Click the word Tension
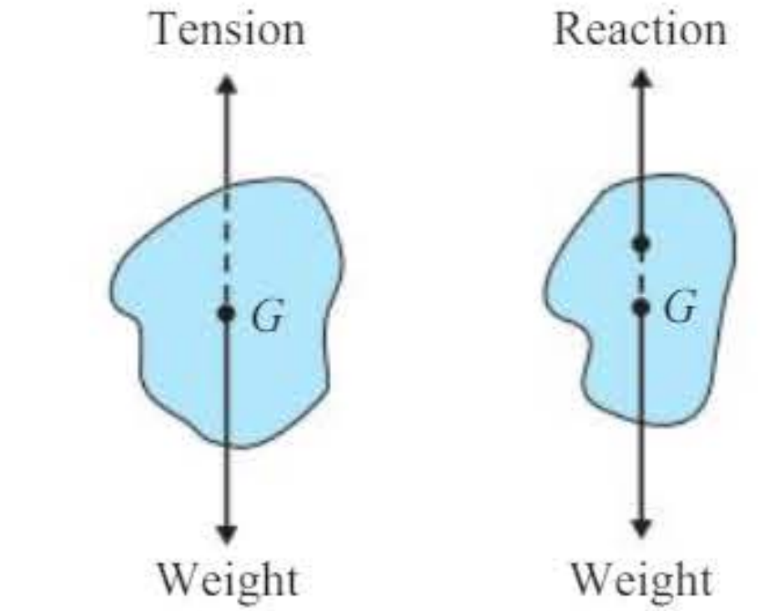(229, 29)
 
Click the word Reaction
(641, 29)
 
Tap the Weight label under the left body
(228, 579)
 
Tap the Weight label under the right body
(641, 579)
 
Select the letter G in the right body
(681, 307)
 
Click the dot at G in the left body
(227, 313)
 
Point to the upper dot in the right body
(641, 243)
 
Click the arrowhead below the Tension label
(227, 84)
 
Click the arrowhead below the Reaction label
(641, 79)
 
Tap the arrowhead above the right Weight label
(641, 528)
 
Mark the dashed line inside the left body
(227, 247)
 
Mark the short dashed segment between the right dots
(641, 276)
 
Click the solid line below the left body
(227, 486)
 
